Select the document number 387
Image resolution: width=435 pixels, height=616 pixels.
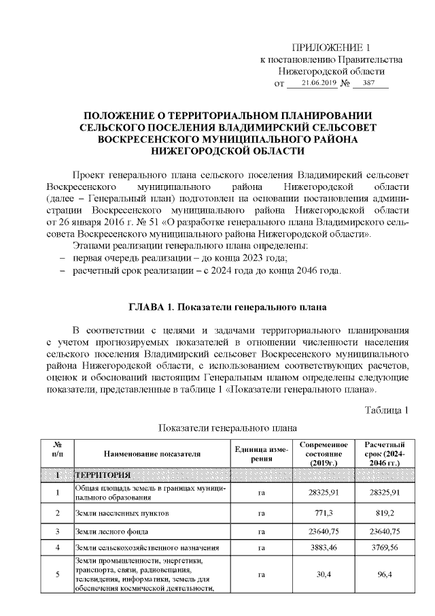(370, 83)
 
